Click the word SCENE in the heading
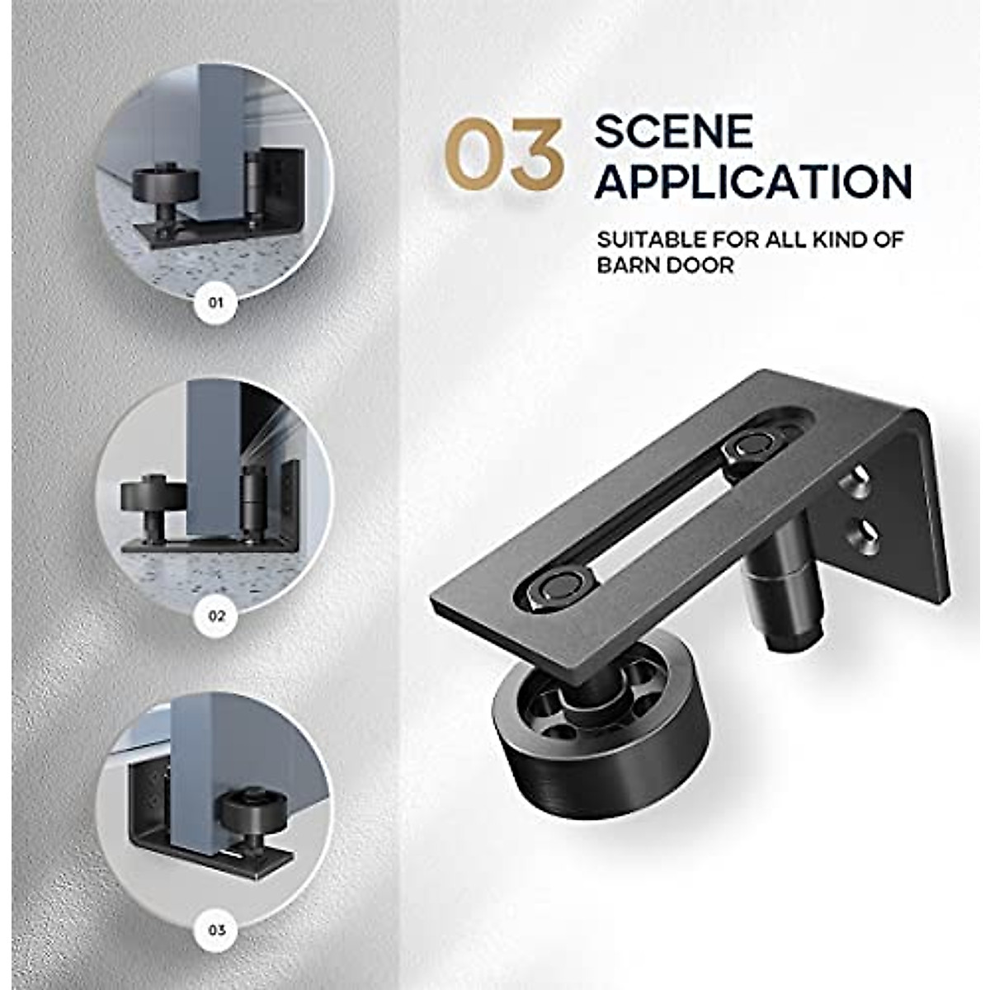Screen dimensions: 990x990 click(674, 131)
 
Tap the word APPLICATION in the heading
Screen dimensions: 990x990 click(753, 181)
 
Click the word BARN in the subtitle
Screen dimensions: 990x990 click(629, 266)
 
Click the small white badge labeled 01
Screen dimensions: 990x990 click(216, 303)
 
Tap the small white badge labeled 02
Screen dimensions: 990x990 click(216, 615)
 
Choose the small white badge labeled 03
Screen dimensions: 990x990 click(216, 931)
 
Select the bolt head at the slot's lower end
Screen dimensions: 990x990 click(555, 587)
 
